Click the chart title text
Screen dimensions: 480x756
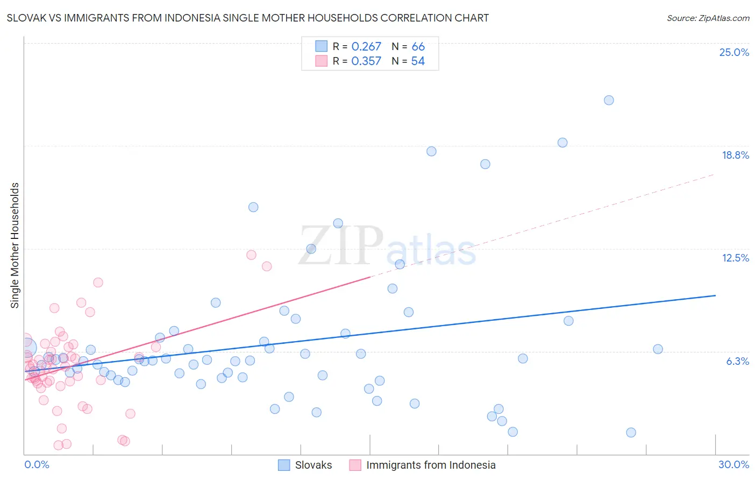[x=248, y=18]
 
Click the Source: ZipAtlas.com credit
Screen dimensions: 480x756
[x=708, y=18]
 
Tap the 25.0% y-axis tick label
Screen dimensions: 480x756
[x=734, y=52]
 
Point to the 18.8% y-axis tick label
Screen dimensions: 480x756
[x=735, y=155]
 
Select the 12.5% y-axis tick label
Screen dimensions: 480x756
[x=735, y=258]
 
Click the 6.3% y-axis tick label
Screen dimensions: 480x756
[x=737, y=361]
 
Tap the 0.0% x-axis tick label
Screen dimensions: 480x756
[x=37, y=464]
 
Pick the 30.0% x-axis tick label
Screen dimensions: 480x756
[x=733, y=464]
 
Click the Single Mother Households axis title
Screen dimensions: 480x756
[x=15, y=245]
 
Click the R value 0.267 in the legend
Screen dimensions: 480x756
[x=366, y=47]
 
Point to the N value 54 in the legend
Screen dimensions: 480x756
[x=418, y=61]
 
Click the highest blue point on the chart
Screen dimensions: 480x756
[x=609, y=100]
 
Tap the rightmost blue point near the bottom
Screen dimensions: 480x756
[x=631, y=433]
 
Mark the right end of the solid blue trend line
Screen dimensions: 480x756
[x=715, y=295]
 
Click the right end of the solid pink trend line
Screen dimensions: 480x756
[x=370, y=277]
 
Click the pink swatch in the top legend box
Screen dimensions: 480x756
[x=321, y=61]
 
